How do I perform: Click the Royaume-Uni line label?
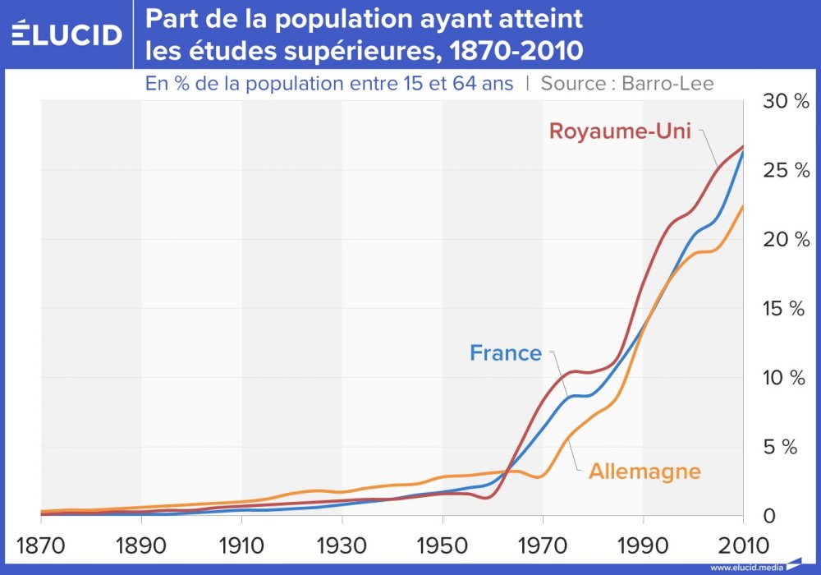[621, 131]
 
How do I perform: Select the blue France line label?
[506, 353]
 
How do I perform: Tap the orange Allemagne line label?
[644, 471]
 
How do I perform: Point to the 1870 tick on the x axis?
[40, 545]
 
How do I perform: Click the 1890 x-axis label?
[141, 545]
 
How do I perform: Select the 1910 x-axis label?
[241, 545]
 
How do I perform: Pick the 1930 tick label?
[342, 545]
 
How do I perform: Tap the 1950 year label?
[443, 545]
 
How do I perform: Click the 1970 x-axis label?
[543, 545]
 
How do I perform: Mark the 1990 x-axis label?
[643, 545]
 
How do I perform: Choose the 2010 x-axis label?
[743, 545]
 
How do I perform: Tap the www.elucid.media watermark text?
[746, 568]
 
